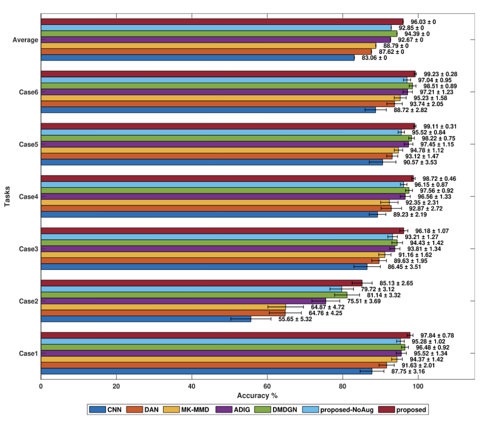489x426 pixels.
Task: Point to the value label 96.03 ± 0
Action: [426, 22]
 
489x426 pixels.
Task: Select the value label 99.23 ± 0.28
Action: [440, 74]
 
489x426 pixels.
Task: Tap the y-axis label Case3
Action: [28, 249]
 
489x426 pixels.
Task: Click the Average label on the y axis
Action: [25, 40]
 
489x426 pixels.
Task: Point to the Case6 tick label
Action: [28, 92]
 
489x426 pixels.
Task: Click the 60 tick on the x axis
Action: [267, 386]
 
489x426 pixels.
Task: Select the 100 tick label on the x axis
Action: [417, 386]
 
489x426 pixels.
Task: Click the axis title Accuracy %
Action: [257, 395]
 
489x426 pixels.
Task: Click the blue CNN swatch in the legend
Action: [97, 410]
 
